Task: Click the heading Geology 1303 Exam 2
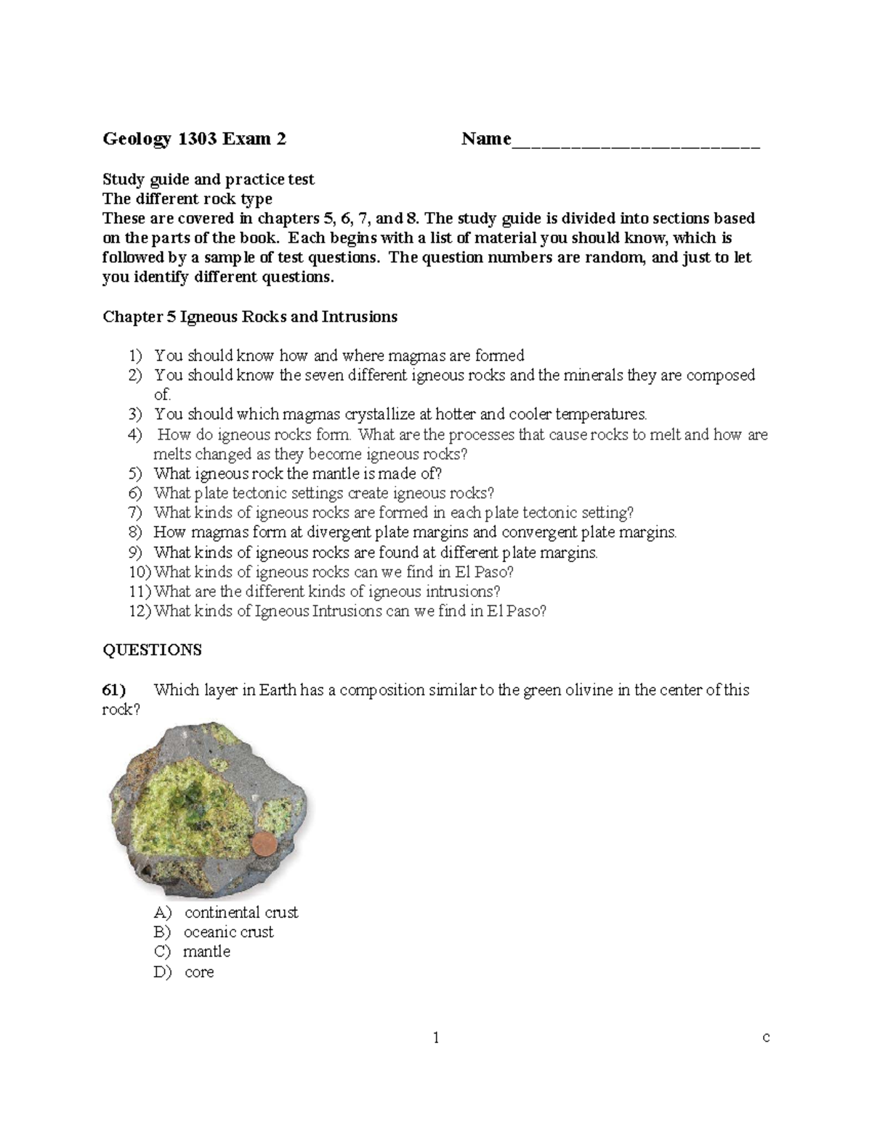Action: [194, 139]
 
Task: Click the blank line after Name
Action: [636, 142]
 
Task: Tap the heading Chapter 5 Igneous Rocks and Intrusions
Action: [250, 317]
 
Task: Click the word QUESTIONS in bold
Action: [152, 650]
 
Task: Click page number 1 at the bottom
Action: [436, 1038]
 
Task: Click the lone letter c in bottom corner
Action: [766, 1037]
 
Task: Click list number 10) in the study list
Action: [140, 572]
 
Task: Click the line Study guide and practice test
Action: [208, 179]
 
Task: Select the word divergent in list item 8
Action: [339, 532]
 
